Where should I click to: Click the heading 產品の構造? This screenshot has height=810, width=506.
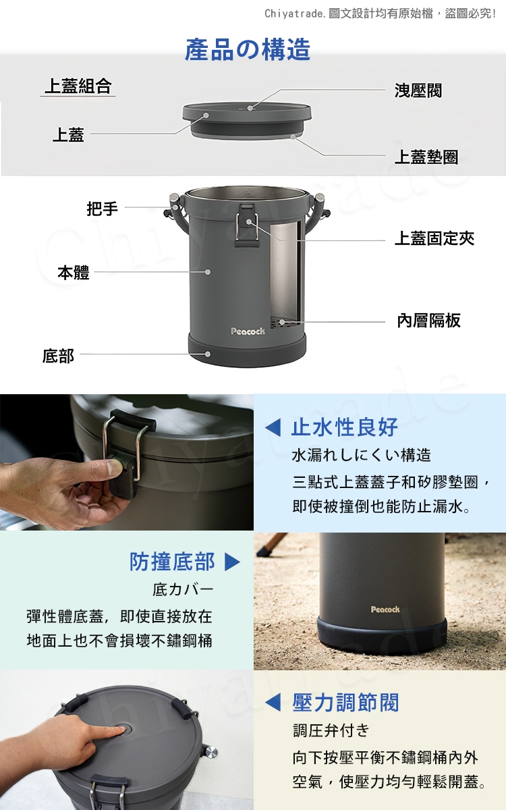248,49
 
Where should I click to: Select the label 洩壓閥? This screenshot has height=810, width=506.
418,90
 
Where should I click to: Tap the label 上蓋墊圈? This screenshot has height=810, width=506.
426,157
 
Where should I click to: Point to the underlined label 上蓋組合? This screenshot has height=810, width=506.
78,86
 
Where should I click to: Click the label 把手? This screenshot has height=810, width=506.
103,209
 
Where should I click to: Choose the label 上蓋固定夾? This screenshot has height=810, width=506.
434,239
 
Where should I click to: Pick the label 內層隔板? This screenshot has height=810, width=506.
428,321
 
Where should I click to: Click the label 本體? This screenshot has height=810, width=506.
74,272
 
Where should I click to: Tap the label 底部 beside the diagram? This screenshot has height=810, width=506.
58,356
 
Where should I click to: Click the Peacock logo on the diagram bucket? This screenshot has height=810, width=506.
248,331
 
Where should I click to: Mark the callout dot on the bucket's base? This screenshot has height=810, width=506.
208,354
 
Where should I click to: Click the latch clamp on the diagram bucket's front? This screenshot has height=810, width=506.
247,225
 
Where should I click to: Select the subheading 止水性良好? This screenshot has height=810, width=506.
345,427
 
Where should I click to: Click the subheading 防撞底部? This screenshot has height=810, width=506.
172,562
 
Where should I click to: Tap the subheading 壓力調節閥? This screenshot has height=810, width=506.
346,703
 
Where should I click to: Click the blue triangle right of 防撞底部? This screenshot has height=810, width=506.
232,562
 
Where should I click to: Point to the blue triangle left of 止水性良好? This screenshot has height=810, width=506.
273,428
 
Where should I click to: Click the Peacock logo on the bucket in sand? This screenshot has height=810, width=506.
385,610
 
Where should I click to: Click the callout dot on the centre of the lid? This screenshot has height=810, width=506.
250,108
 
